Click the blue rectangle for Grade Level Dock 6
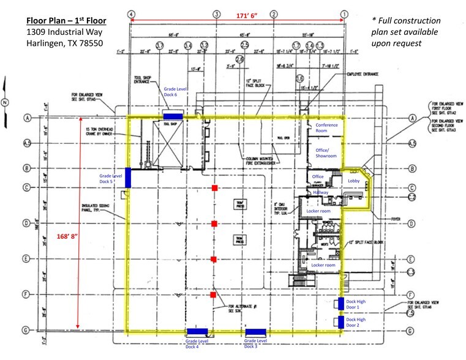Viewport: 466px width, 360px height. pyautogui.click(x=173, y=116)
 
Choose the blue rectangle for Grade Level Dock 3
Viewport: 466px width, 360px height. pyautogui.click(x=255, y=332)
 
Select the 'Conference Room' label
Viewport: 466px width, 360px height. pyautogui.click(x=326, y=127)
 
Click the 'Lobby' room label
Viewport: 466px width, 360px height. pyautogui.click(x=354, y=181)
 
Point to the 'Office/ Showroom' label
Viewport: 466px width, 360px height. pyautogui.click(x=326, y=153)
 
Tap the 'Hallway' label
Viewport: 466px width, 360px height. pyautogui.click(x=321, y=192)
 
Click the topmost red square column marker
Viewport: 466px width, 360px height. pyautogui.click(x=214, y=187)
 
